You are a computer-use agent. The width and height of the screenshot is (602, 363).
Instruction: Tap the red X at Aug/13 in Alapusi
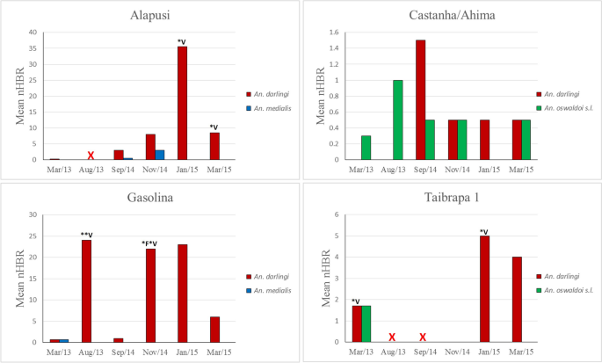point(91,156)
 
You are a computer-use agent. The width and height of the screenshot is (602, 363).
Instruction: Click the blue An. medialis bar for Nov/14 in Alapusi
point(160,155)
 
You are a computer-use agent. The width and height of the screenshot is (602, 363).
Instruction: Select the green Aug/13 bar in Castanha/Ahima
point(397,120)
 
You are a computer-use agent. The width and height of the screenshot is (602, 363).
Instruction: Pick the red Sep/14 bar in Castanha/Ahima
point(420,99)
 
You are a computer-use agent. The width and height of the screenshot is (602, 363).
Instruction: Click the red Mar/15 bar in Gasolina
point(214,329)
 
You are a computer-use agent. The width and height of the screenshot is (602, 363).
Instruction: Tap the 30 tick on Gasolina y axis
point(34,214)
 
